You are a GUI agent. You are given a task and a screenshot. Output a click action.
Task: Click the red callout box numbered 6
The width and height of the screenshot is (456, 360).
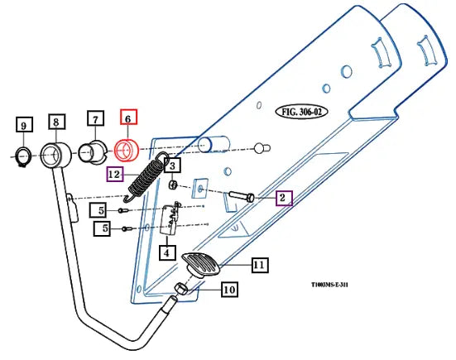coord(129,117)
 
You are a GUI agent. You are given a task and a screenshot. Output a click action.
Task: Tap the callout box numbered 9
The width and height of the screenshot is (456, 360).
coord(24,125)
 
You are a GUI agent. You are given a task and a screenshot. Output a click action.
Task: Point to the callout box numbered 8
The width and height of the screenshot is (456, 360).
coord(57,122)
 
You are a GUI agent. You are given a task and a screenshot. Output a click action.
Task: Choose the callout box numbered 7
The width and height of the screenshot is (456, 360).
coord(96,118)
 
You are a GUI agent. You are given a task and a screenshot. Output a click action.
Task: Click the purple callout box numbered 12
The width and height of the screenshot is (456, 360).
coord(115,174)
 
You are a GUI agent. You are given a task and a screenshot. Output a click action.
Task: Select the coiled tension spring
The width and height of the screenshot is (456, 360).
coord(144,177)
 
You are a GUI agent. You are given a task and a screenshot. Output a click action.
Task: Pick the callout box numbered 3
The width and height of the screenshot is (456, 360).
coord(172,166)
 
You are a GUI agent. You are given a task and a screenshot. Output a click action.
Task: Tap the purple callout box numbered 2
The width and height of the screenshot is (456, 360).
coord(284,198)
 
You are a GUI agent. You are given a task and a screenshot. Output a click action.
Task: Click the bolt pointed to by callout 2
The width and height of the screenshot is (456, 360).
coord(242,196)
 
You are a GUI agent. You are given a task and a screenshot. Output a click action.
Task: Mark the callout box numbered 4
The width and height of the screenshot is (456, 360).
coord(167,252)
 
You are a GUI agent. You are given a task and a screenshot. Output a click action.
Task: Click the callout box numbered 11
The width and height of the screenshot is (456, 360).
coord(260,265)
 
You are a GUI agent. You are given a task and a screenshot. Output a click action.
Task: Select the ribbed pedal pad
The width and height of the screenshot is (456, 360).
coord(200,264)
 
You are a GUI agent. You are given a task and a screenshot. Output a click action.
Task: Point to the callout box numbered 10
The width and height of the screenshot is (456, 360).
coord(230,290)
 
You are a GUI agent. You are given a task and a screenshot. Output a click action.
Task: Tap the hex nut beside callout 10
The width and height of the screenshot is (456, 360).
coord(180,289)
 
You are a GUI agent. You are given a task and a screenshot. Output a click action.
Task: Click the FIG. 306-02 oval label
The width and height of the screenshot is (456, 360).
coord(301,112)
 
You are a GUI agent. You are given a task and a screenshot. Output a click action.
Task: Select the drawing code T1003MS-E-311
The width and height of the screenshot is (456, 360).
coord(329,285)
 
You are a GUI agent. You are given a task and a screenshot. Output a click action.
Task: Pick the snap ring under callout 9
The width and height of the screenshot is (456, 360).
coord(22,156)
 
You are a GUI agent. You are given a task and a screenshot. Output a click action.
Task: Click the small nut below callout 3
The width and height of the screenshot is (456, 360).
coord(173,184)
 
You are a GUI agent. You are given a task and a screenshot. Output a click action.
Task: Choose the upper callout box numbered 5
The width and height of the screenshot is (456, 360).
coord(98,210)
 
